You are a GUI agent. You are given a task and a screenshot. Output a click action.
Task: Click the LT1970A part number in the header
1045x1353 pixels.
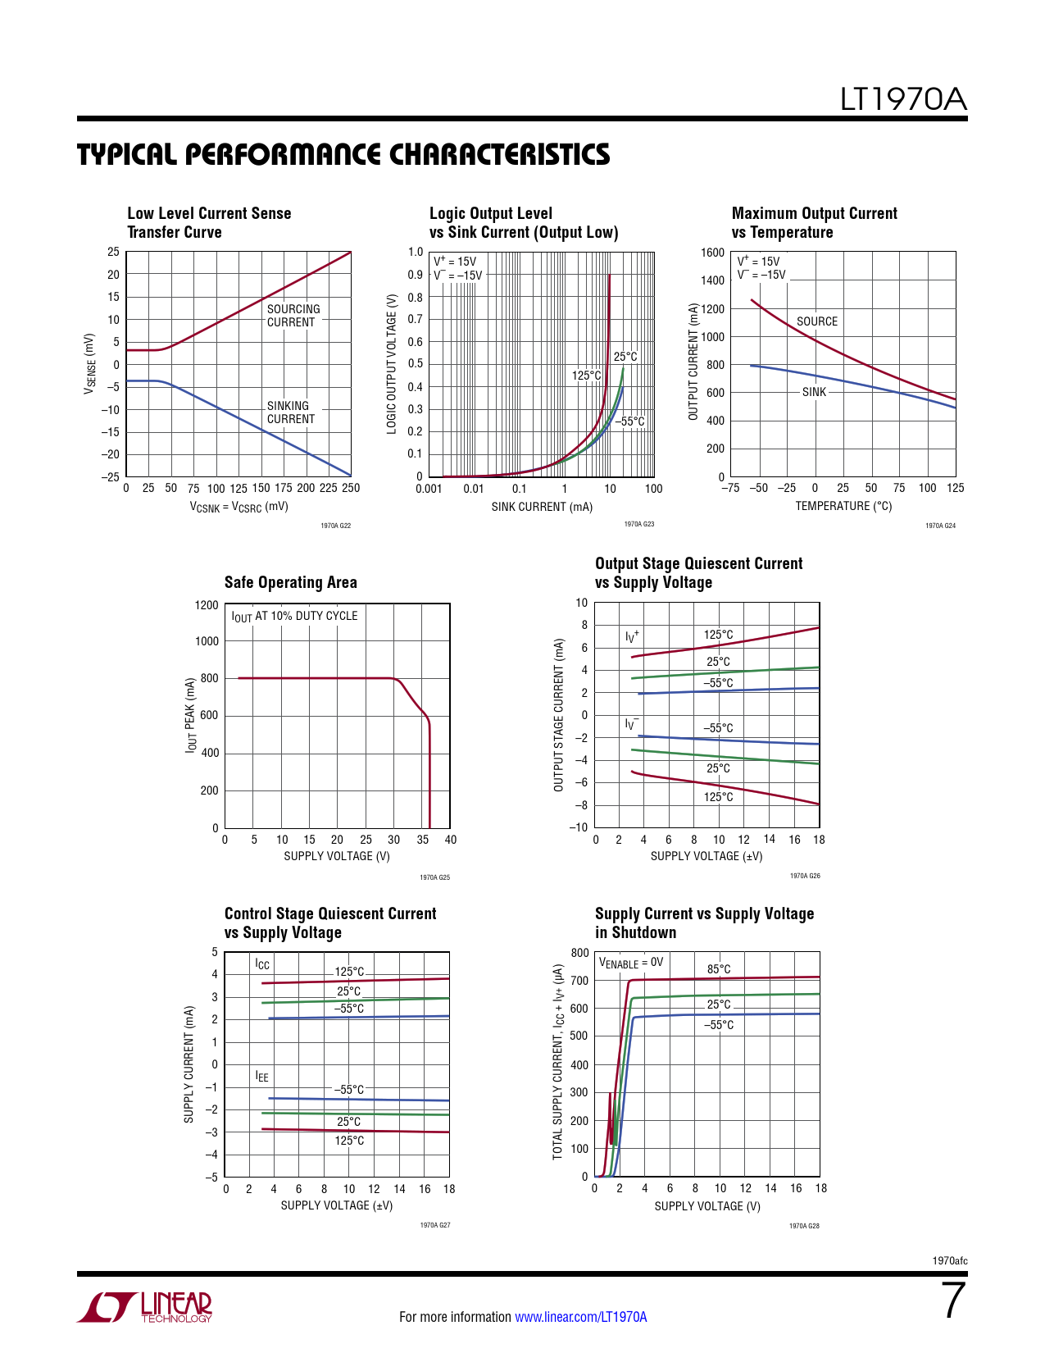click(x=903, y=100)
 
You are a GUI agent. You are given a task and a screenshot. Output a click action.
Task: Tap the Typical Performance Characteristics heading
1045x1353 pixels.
click(x=343, y=155)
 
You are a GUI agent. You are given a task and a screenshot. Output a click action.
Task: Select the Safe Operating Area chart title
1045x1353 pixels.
click(x=290, y=582)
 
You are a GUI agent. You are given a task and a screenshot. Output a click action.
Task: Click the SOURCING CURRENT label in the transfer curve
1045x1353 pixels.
click(x=293, y=316)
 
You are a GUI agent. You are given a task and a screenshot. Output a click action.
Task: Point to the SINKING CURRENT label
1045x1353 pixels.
click(x=290, y=412)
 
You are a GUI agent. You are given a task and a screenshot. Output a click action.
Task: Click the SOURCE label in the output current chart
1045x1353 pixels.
click(x=817, y=321)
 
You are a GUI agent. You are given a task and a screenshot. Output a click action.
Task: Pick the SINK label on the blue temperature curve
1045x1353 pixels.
click(x=814, y=392)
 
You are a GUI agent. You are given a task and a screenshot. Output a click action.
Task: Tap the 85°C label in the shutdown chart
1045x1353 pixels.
click(x=719, y=969)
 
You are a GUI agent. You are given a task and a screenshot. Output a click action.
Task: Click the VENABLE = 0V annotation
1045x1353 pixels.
click(x=631, y=963)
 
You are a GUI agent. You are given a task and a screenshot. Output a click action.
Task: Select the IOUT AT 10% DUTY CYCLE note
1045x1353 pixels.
click(x=294, y=616)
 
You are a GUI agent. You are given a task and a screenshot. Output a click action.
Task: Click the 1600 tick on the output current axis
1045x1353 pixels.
click(x=713, y=253)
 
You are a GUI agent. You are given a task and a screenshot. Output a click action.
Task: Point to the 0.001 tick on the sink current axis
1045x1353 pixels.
click(x=429, y=489)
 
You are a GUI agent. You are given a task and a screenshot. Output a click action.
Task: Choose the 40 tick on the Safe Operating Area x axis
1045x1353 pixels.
click(x=451, y=840)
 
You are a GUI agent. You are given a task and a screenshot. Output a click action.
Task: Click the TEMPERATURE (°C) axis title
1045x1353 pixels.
click(x=843, y=506)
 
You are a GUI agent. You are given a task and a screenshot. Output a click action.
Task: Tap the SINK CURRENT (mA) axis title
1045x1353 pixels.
click(x=542, y=507)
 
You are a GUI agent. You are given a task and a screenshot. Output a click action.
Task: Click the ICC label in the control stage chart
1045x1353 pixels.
click(x=262, y=964)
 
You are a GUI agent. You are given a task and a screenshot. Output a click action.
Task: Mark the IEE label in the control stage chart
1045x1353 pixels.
click(x=261, y=1077)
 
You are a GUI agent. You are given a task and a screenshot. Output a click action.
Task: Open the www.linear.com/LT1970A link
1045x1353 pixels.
click(x=580, y=1317)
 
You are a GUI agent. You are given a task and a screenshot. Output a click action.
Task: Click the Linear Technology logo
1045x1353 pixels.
click(x=145, y=1307)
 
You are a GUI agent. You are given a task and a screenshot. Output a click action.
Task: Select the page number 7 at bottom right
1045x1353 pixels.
click(x=953, y=1301)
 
